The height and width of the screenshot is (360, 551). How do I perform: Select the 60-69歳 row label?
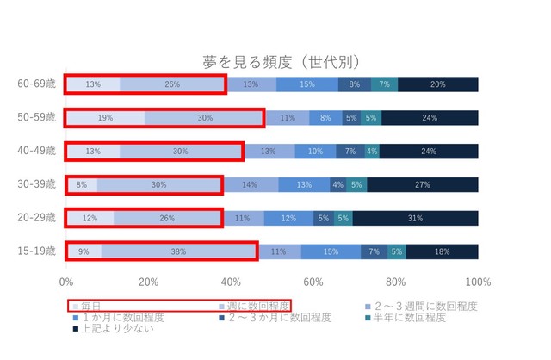click(37, 84)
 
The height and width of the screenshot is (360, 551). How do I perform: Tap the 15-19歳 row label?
click(37, 251)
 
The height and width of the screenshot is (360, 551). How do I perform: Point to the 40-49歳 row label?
click(37, 151)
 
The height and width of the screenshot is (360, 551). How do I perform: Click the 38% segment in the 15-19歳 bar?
click(178, 251)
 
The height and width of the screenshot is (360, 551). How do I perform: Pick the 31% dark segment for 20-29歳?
click(415, 218)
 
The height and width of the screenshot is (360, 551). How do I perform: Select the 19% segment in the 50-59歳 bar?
click(105, 117)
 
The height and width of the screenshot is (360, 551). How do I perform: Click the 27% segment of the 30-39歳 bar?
click(422, 184)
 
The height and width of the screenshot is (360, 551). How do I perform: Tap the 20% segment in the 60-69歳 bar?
click(437, 84)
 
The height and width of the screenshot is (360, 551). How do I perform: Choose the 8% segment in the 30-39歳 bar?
click(82, 184)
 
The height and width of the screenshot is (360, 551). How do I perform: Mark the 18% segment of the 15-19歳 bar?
click(441, 251)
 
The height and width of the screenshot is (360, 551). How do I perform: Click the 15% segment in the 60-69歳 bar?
click(307, 84)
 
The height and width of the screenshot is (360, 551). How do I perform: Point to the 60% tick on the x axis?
click(313, 282)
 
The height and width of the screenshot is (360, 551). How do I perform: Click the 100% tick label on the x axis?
click(478, 282)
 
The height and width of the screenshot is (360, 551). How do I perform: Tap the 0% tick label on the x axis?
click(66, 282)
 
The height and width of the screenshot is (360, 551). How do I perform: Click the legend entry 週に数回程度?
click(255, 306)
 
